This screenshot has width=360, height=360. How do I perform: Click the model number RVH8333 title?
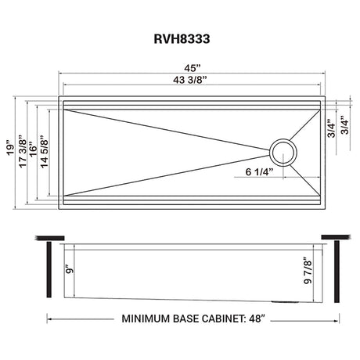click(x=182, y=39)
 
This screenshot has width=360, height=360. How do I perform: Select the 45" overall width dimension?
click(x=193, y=68)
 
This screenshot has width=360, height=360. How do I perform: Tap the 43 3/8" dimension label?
click(x=190, y=80)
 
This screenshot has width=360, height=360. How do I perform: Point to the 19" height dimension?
click(x=10, y=149)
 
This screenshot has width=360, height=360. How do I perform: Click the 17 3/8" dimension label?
click(x=23, y=151)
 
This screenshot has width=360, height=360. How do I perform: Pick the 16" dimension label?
click(x=33, y=149)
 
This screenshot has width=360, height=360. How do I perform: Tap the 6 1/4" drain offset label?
click(x=259, y=172)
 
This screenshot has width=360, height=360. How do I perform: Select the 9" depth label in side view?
click(x=69, y=270)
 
